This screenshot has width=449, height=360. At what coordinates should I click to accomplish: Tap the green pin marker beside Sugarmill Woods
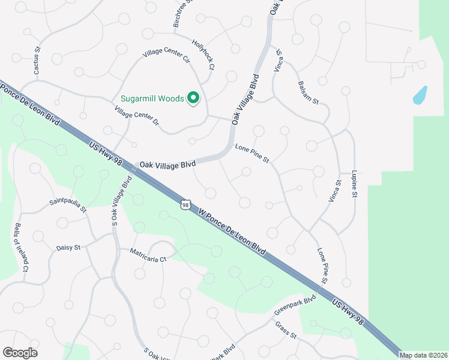(193, 98)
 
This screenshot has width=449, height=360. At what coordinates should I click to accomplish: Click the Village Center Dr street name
(136, 116)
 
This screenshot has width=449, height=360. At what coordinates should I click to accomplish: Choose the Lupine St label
(355, 184)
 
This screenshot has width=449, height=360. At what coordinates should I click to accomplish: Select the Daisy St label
(68, 247)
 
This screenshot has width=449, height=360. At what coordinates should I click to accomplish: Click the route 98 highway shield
(185, 205)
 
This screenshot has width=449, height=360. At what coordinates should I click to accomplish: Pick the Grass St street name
(286, 330)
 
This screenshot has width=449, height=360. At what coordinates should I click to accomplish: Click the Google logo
(20, 353)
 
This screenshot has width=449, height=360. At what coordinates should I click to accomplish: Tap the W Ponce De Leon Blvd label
(232, 230)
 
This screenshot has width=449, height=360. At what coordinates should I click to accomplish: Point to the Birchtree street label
(181, 13)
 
